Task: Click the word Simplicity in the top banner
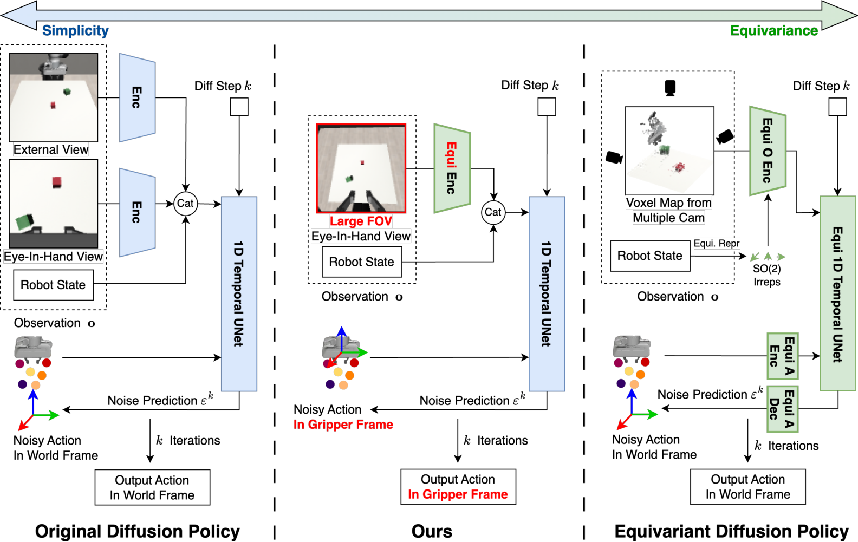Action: coord(75,30)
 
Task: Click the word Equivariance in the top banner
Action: coord(773,30)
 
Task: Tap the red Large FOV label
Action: coord(361,221)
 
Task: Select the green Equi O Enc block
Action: coord(768,151)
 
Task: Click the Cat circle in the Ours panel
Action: coord(493,212)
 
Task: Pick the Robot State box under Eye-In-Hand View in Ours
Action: coord(362,262)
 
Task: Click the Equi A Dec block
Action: coord(783,409)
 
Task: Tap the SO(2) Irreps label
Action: coord(766,275)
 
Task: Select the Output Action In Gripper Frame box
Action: coord(458,487)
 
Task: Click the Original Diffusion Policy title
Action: coord(138,531)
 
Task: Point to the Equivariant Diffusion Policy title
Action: coord(731,531)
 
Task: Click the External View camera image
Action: coord(54,97)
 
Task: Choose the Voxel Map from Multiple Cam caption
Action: coord(669,210)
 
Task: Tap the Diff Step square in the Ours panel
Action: coord(547,107)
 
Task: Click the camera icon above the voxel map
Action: coord(670,88)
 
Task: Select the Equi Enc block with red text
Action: coord(452,168)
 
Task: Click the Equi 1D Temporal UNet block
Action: coord(837,293)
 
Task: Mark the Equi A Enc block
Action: coord(783,356)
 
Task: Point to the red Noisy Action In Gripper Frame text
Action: coord(343,425)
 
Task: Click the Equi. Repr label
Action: coord(717,243)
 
